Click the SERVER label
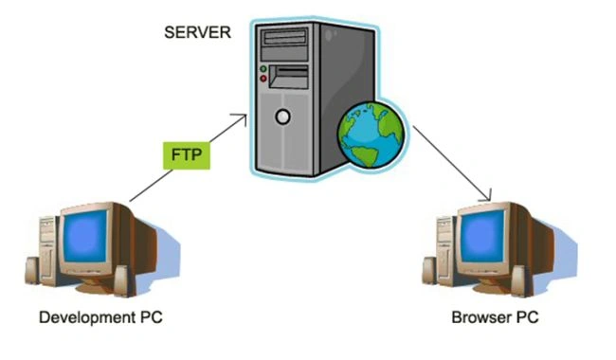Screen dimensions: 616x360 [x=197, y=32]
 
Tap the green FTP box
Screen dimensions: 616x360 [x=187, y=155]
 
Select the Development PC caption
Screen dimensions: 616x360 [x=100, y=317]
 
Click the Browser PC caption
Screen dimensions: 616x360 [x=495, y=317]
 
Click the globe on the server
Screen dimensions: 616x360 [x=371, y=135]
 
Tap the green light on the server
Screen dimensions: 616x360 [x=263, y=69]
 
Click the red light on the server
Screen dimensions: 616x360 [x=263, y=79]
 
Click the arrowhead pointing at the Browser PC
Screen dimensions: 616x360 [x=487, y=196]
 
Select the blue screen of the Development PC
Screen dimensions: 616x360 [x=85, y=236]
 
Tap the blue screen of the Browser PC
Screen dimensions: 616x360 [x=482, y=236]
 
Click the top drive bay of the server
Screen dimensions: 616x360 [x=285, y=37]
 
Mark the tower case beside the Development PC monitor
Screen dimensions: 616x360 [x=48, y=250]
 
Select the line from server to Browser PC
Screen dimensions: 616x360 [x=452, y=163]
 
